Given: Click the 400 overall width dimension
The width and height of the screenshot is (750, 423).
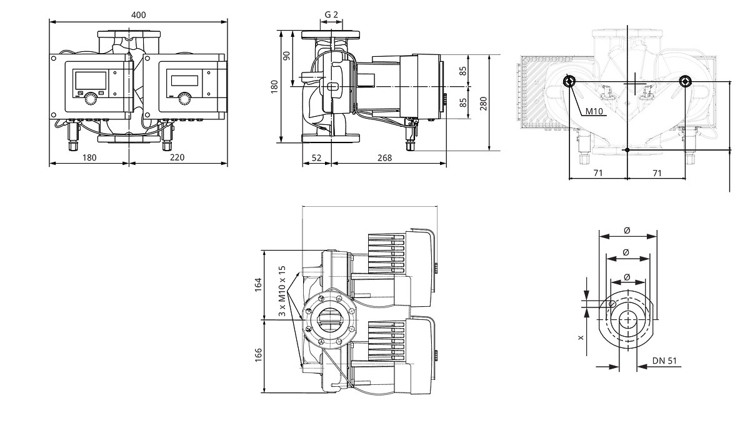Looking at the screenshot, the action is (138, 15).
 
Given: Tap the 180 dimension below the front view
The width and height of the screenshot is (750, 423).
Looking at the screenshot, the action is (89, 157).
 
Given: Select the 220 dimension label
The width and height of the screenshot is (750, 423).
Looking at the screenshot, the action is (177, 157).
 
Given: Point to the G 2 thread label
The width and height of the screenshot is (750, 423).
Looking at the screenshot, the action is (331, 15).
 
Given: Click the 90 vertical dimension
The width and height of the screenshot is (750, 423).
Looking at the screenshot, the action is (287, 56).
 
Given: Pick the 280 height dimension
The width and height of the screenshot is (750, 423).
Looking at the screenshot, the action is (483, 104).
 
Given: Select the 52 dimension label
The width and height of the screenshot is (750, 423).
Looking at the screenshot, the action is (316, 157).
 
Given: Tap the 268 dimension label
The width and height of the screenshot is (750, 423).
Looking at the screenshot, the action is (385, 157).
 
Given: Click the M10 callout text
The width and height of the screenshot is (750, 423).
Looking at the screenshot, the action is (594, 111).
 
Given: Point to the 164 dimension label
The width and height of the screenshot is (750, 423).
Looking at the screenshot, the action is (257, 285).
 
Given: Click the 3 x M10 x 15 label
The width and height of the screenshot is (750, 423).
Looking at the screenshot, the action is (282, 291).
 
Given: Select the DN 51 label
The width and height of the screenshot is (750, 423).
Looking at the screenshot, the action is (664, 361).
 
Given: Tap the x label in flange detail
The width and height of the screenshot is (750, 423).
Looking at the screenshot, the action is (581, 338).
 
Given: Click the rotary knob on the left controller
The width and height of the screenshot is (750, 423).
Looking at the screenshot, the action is (91, 99).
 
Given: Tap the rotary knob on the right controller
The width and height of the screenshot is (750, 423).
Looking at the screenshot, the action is (185, 99).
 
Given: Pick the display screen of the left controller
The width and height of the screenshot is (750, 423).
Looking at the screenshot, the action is (91, 81).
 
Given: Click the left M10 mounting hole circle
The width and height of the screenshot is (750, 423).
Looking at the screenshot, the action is (569, 81).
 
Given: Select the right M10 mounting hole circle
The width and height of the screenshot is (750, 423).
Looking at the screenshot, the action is (685, 81).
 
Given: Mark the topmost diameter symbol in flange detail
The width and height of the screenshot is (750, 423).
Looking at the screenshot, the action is (627, 230).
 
